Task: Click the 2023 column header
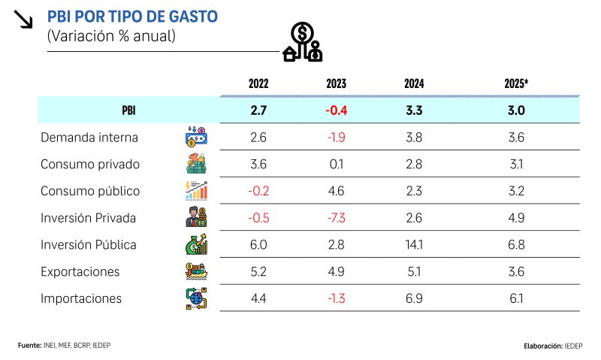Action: pos(336,84)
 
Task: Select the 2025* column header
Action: pos(516,84)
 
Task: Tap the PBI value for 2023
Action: pos(336,110)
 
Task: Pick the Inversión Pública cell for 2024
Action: pos(414,245)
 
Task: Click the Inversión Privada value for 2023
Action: pos(336,218)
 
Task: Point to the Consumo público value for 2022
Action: pos(258,191)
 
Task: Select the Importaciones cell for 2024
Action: pos(414,298)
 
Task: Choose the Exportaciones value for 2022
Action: pos(258,271)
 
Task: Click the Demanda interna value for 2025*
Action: pos(516,138)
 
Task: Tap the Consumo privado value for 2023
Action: pos(336,164)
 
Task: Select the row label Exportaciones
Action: pos(80,271)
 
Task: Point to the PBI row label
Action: pos(128,110)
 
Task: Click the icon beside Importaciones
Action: pos(195,298)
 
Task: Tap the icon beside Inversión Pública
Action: pos(195,244)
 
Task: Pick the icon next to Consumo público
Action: pos(195,191)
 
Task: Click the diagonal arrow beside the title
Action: pos(23,20)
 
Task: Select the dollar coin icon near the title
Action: pos(303,34)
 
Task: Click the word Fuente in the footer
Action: pos(29,344)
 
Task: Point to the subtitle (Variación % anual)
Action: pos(111,35)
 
